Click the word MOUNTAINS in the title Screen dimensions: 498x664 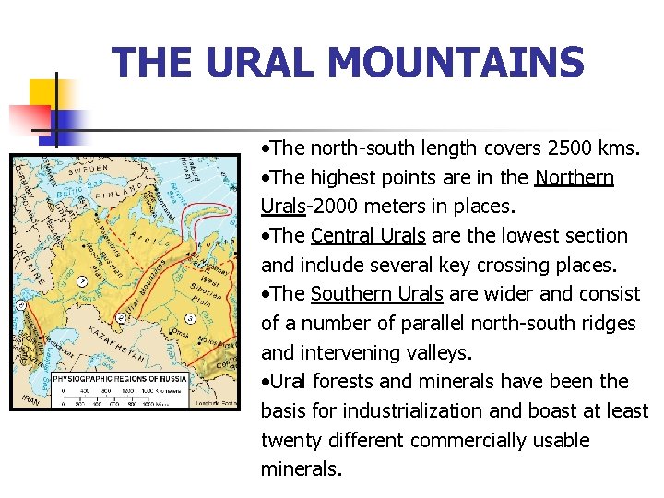tap(456, 64)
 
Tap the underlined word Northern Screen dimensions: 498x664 tap(575, 177)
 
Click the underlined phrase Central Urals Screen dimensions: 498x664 tap(368, 235)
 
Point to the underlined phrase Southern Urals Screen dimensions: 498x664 tap(377, 293)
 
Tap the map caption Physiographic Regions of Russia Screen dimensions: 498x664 tap(119, 379)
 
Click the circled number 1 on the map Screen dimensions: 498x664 tap(83, 280)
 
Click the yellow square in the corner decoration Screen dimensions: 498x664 tap(44, 92)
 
